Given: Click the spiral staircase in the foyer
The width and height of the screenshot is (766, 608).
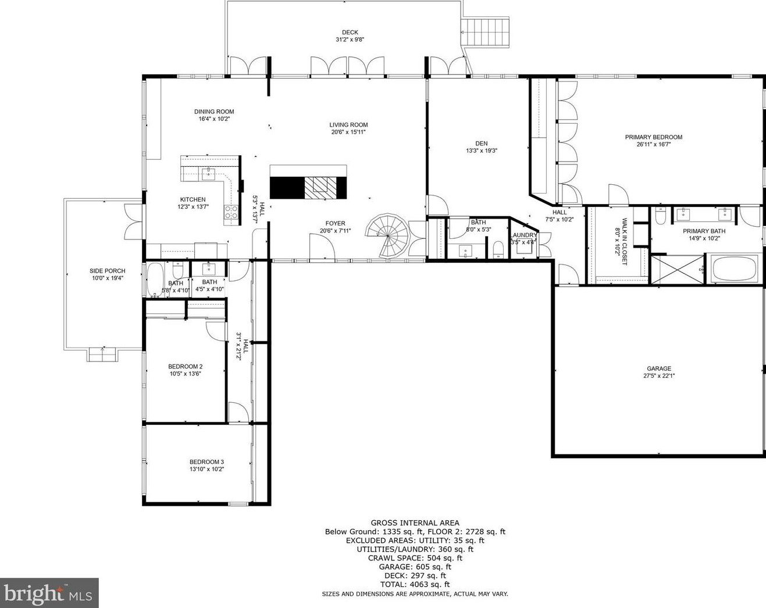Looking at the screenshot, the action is pyautogui.click(x=387, y=235).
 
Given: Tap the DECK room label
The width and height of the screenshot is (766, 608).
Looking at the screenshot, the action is pyautogui.click(x=350, y=33).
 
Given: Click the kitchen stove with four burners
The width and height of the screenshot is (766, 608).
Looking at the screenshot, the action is pyautogui.click(x=231, y=212).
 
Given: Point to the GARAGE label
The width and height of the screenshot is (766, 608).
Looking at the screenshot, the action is pyautogui.click(x=659, y=369).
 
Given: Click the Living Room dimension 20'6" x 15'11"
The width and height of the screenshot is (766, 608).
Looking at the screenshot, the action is pyautogui.click(x=348, y=132).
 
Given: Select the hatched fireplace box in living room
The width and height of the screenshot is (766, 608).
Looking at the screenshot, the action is pyautogui.click(x=320, y=188).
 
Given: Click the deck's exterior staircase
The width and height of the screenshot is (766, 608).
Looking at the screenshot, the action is pyautogui.click(x=486, y=32).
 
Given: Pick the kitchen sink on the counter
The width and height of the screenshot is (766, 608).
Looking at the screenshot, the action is pyautogui.click(x=209, y=174).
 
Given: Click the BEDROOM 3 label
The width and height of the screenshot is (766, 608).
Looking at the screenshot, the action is pyautogui.click(x=206, y=462).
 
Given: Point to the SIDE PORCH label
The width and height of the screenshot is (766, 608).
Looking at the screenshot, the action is pyautogui.click(x=108, y=271).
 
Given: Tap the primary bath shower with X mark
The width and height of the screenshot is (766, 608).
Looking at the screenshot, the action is pyautogui.click(x=678, y=269).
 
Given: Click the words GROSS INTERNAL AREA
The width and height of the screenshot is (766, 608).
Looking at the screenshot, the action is pyautogui.click(x=415, y=523).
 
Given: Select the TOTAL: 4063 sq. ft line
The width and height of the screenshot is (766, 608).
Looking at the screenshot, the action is pyautogui.click(x=415, y=584).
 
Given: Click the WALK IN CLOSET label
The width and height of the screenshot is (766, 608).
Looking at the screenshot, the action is pyautogui.click(x=625, y=242).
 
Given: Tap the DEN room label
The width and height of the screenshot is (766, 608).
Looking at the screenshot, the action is pyautogui.click(x=481, y=144).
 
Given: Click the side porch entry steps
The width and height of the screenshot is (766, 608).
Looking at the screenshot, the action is pyautogui.click(x=102, y=355).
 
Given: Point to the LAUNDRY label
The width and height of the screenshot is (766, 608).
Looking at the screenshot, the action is pyautogui.click(x=523, y=235).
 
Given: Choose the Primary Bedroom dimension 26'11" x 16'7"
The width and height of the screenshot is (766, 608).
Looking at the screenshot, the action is pyautogui.click(x=654, y=144).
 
